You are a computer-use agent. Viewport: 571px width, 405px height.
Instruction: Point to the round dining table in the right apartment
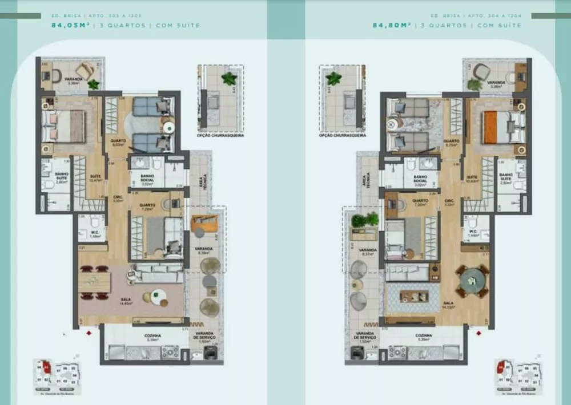472,280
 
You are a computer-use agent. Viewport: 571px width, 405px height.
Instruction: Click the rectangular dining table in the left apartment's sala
95,281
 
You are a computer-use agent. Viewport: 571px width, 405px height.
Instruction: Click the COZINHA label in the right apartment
423,337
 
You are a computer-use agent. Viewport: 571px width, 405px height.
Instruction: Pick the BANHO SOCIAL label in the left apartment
148,181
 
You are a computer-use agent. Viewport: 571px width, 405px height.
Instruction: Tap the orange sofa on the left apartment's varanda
203,223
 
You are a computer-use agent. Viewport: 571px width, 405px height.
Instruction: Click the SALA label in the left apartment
122,303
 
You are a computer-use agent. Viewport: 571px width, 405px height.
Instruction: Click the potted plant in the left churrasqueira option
230,79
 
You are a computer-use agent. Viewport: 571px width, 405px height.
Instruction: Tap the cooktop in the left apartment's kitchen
170,353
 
